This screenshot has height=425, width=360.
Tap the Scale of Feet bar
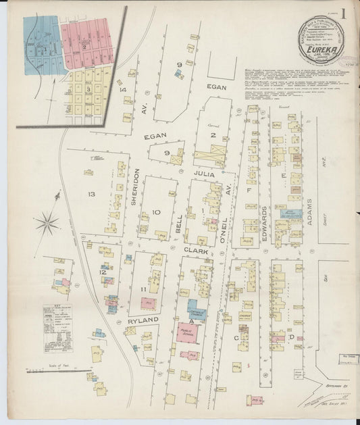[59, 370]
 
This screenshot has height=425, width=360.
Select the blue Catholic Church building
[197, 308]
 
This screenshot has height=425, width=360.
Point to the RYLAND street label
[142, 320]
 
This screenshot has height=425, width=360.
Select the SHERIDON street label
[136, 191]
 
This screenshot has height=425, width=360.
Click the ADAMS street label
[307, 203]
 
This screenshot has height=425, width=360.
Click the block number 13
[91, 195]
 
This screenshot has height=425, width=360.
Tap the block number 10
[157, 212]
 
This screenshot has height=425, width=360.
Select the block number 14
[122, 89]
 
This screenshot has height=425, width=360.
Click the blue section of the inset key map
[43, 46]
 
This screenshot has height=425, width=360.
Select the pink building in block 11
[148, 304]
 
